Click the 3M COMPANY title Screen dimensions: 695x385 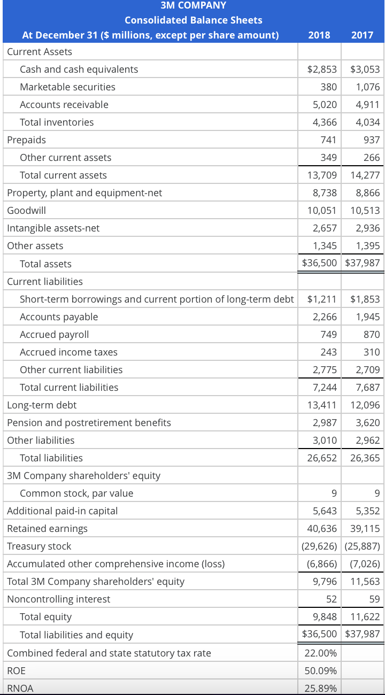click(193, 5)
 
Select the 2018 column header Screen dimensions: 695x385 click(319, 35)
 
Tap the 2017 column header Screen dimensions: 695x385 click(363, 35)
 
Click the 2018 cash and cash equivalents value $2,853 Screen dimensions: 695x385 click(322, 69)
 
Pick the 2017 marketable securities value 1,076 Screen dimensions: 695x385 click(367, 87)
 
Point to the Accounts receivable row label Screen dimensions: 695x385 click(64, 104)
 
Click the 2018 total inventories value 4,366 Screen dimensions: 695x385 click(325, 122)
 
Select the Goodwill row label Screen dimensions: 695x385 click(26, 210)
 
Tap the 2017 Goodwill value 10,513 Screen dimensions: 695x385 click(365, 210)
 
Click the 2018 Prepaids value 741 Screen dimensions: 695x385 click(328, 140)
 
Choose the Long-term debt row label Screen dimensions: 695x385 click(42, 405)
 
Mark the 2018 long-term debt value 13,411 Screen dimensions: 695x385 click(322, 405)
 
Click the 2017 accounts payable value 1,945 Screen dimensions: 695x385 click(367, 316)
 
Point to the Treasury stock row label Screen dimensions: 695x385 click(39, 546)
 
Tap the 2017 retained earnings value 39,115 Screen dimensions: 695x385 click(365, 528)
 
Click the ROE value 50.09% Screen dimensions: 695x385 click(320, 670)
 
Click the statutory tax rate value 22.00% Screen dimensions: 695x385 click(320, 653)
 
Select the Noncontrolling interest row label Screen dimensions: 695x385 click(59, 599)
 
